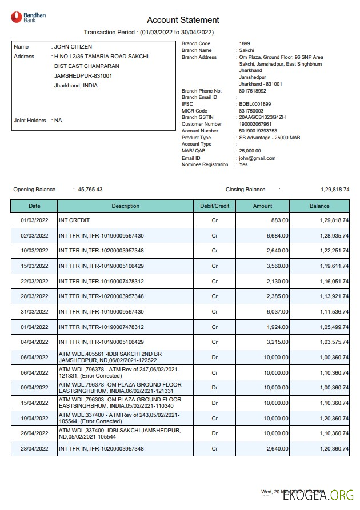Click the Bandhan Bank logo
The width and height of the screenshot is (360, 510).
tap(29, 17)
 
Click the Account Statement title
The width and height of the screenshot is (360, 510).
tap(183, 20)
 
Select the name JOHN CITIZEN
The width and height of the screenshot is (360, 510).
tap(73, 47)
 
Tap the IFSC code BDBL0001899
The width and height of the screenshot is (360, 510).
tap(255, 104)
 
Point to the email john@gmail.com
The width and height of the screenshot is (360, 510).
tap(257, 158)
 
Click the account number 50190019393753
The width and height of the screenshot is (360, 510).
tap(258, 131)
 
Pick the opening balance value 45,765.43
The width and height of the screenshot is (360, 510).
tap(90, 190)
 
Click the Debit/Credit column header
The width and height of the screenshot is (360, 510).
tap(215, 206)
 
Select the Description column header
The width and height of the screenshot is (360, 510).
tap(125, 206)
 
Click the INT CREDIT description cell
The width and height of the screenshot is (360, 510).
tap(74, 220)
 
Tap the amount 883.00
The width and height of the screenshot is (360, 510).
tap(279, 220)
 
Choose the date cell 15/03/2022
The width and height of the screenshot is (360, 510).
tap(34, 266)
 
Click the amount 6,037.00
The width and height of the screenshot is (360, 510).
tap(277, 311)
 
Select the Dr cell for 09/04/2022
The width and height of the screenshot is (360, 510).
tap(215, 388)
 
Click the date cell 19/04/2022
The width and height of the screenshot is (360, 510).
tap(34, 418)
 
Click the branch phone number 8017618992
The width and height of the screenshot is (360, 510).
tap(253, 91)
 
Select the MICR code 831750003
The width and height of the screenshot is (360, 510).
tap(251, 111)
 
